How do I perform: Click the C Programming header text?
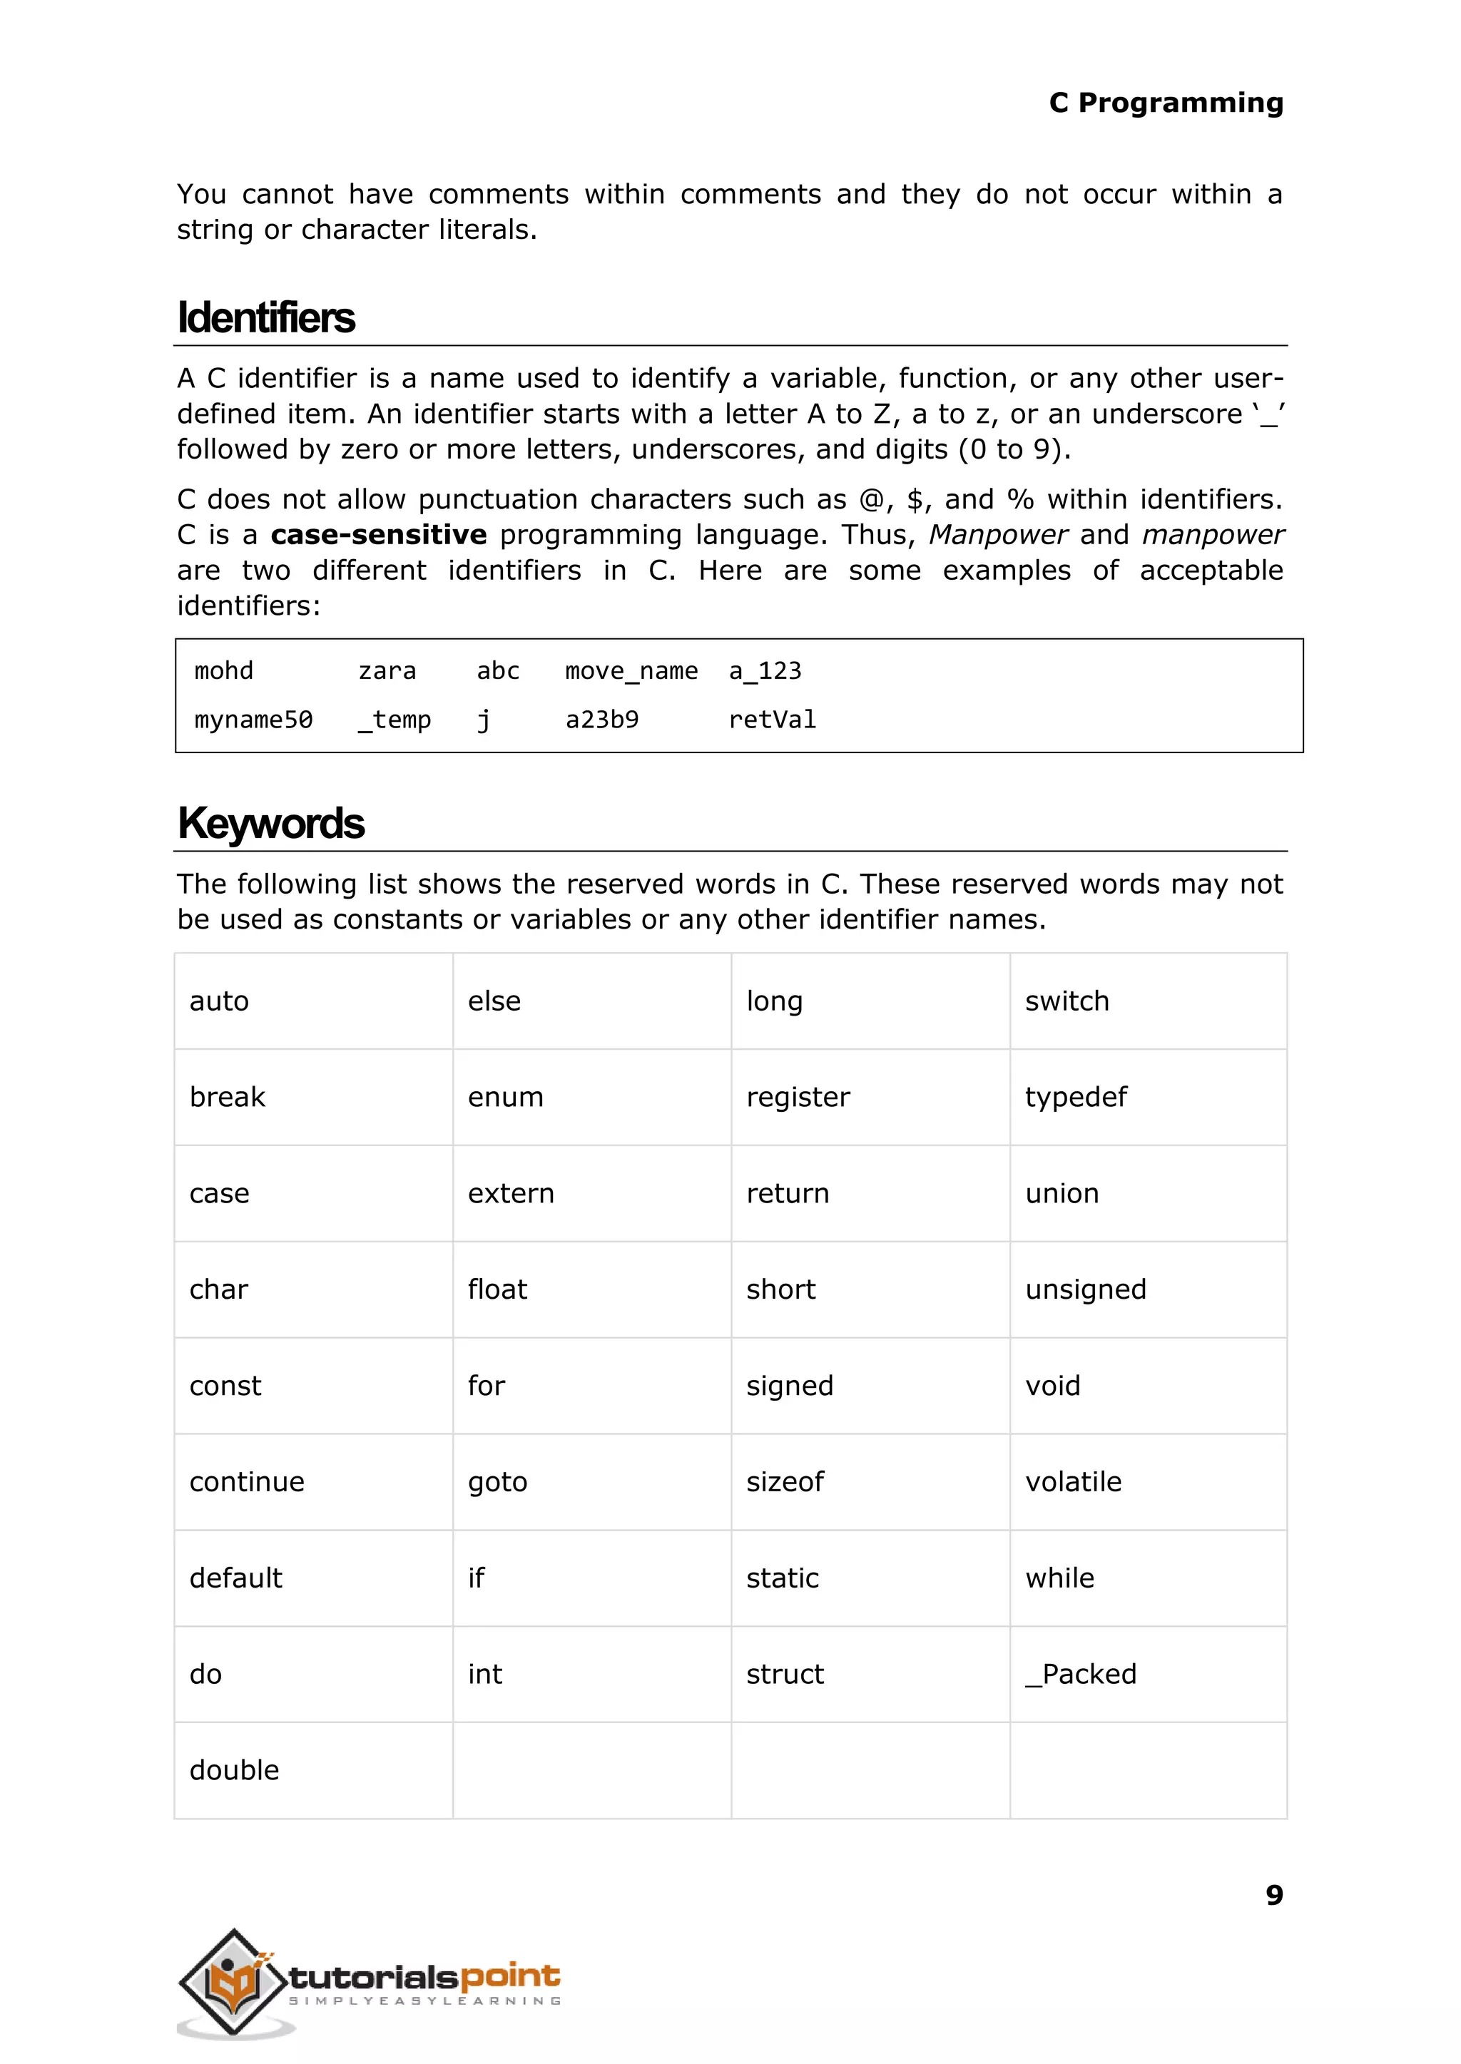coord(1165,103)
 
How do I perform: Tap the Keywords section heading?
coord(271,823)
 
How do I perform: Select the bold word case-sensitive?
coord(379,535)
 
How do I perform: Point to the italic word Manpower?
coord(998,535)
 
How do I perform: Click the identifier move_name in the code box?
coord(631,671)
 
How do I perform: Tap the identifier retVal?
coord(772,720)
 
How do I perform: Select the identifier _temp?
coord(394,720)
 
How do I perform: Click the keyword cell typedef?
coord(1075,1097)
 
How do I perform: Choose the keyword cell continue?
coord(247,1481)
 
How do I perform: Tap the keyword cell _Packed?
coord(1081,1674)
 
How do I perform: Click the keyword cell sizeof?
coord(785,1481)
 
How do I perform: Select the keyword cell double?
coord(234,1770)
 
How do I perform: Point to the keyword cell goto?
coord(497,1481)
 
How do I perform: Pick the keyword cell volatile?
coord(1073,1481)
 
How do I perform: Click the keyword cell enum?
coord(506,1097)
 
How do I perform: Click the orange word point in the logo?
coord(510,1976)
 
